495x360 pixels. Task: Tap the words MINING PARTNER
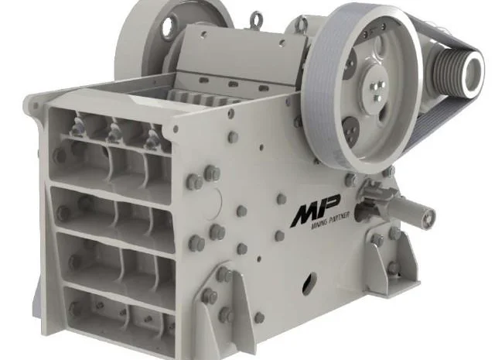coord(330,221)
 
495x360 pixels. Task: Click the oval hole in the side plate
coord(309,283)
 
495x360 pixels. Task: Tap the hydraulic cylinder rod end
coord(428,217)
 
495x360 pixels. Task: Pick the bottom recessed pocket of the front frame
coord(120,313)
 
